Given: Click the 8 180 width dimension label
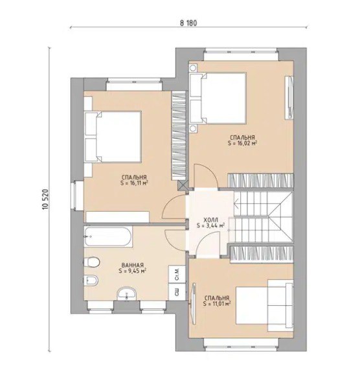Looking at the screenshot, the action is pos(188,23).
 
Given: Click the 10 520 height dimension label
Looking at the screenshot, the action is pos(46,199).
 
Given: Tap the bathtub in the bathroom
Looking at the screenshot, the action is pos(108,236).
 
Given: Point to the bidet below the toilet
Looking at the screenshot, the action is pos(91,280).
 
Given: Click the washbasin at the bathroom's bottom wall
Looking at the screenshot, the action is pos(127,294).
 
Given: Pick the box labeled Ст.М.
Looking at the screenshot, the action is pos(177,274).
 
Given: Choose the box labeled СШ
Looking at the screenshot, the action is pos(177,292).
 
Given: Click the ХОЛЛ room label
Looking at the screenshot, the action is pos(210,220).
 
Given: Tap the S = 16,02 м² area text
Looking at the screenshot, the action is pos(242,143).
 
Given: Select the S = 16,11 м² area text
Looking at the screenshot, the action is pos(134,183).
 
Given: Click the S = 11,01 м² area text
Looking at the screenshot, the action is pos(217,303).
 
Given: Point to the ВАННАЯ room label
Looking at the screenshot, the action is pos(133,265).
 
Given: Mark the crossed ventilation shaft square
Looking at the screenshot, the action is pos(182,186).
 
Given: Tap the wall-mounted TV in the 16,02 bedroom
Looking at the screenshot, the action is pos(289,97).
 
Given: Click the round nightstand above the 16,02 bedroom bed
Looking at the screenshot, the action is pos(193,68).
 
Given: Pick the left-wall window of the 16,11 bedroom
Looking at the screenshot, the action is pos(78,196).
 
